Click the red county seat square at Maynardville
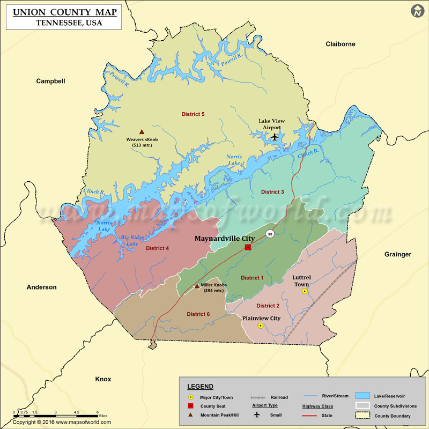[248, 247]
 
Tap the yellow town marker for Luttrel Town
[305, 291]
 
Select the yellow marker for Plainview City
[261, 326]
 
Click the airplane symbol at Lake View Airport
[275, 137]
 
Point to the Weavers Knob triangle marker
[142, 132]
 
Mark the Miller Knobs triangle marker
[197, 286]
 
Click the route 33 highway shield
[270, 234]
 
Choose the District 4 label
[157, 248]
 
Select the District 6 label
[198, 314]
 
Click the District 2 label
[268, 306]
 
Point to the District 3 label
[272, 191]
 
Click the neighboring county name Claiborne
[341, 44]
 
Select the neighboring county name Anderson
[41, 287]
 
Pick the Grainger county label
[397, 254]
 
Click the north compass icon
[417, 11]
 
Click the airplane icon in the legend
[256, 415]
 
